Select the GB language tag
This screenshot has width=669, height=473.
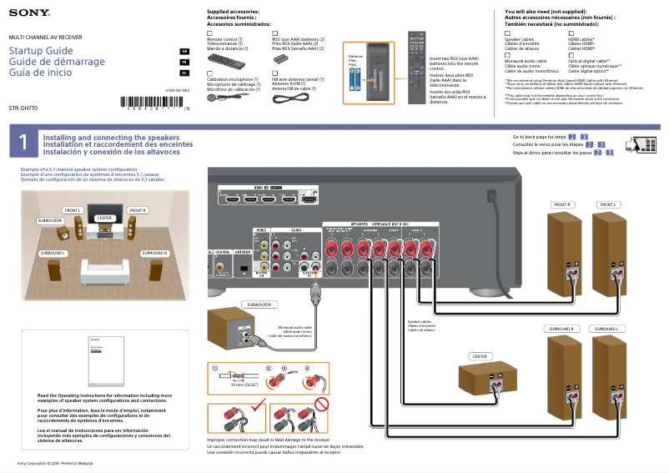(x=185, y=52)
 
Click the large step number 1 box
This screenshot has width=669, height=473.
(x=23, y=143)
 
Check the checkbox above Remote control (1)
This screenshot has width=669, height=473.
(x=209, y=33)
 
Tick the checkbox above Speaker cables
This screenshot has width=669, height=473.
(x=508, y=33)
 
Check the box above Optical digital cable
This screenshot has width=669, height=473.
(x=571, y=54)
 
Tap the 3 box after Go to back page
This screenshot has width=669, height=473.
(x=584, y=136)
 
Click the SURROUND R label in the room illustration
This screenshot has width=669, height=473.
(x=153, y=252)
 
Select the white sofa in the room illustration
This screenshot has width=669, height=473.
(x=105, y=269)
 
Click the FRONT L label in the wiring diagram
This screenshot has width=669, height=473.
(x=607, y=204)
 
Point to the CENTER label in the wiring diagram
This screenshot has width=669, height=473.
(x=480, y=356)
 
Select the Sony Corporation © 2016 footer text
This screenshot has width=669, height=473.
(x=55, y=463)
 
